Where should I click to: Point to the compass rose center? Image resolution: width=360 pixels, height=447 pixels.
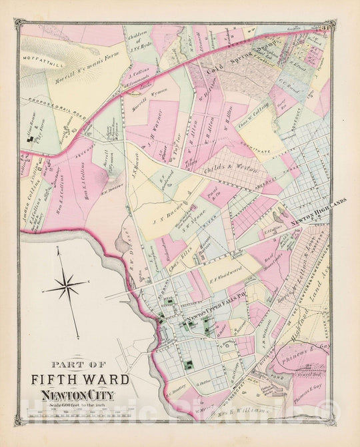click(66, 287)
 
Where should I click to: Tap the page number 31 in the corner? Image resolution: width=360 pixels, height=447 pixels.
click(328, 27)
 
